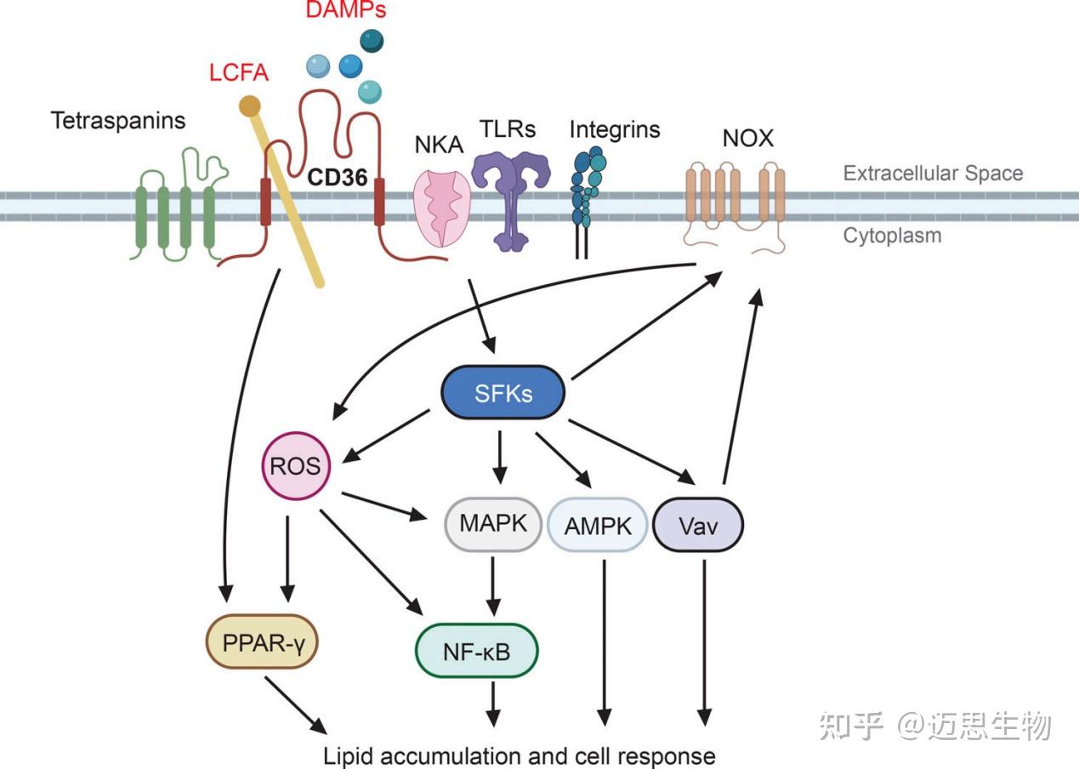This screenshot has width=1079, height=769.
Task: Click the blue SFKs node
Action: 503,392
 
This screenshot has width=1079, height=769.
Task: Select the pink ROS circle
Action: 296,465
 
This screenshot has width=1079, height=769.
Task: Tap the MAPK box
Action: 493,524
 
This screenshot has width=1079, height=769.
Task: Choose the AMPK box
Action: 597,525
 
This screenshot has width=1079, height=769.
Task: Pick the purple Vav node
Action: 698,525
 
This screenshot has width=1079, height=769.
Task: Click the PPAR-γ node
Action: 262,641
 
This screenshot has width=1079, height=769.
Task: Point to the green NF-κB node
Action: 476,651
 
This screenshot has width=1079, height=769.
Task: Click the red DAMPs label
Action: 346,9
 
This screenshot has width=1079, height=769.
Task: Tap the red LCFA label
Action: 238,73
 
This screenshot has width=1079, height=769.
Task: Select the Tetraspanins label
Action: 118,121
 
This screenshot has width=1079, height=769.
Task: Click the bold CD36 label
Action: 338,177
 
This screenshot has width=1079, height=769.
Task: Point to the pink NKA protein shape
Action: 441,208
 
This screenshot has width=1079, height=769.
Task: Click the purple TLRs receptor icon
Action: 511,201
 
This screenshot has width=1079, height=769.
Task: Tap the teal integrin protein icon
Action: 588,187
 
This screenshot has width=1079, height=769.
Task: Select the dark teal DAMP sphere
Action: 372,41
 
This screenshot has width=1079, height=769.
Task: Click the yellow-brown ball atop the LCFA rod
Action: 249,106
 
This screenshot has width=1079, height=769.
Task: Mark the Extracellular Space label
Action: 933,173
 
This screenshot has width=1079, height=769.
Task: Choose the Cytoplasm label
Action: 892,236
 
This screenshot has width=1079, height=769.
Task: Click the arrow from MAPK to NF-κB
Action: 493,586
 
